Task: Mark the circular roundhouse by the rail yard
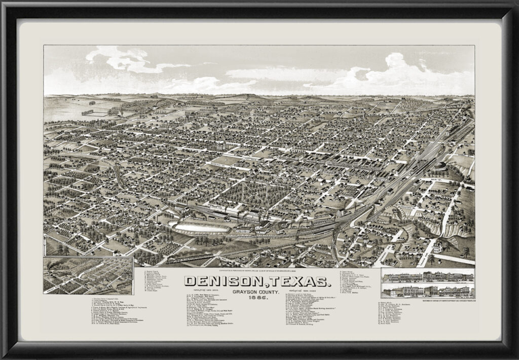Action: click(440, 165)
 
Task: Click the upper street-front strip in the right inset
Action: click(427, 277)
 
